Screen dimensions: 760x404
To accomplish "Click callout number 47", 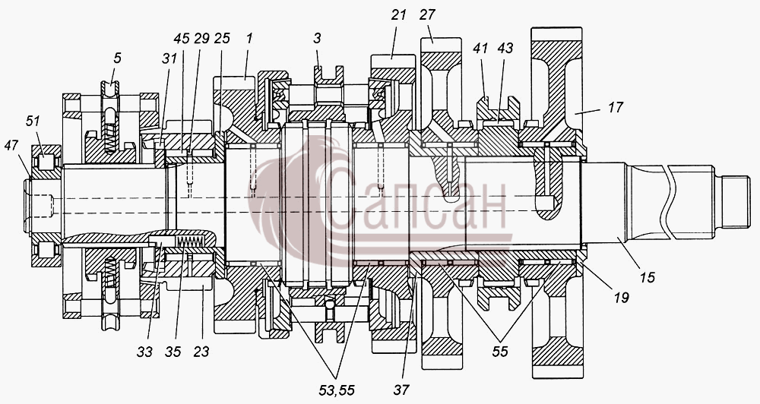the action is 12,144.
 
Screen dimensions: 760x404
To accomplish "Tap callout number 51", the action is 33,121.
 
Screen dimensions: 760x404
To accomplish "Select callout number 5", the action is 117,58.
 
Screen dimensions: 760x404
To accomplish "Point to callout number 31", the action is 169,59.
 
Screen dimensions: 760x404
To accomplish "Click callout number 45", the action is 182,38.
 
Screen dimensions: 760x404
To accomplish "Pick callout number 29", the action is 201,38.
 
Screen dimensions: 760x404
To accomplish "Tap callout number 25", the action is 222,38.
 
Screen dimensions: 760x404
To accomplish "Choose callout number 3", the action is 317,38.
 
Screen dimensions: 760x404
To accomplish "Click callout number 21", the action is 398,15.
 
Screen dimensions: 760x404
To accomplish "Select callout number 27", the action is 427,15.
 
